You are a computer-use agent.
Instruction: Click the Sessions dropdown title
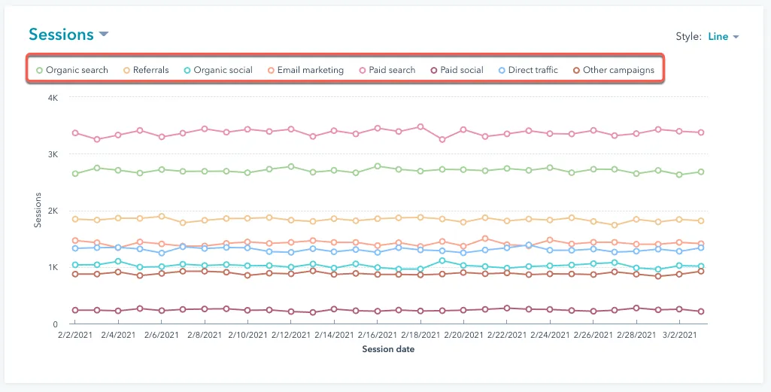(x=68, y=35)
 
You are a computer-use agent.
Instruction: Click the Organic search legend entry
(x=72, y=70)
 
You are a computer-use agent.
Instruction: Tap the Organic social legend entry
(x=218, y=70)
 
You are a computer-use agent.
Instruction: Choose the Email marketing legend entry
(x=305, y=70)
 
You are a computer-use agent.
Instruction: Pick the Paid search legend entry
(x=387, y=70)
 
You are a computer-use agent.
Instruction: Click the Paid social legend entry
(x=457, y=70)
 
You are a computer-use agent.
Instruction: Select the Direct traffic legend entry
(x=528, y=70)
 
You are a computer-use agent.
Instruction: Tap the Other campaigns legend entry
(x=614, y=70)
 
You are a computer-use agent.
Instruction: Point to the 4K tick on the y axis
(x=53, y=97)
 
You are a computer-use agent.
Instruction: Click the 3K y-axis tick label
(x=53, y=154)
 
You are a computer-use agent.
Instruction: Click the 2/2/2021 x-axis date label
(x=74, y=335)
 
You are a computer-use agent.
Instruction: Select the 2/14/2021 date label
(x=335, y=335)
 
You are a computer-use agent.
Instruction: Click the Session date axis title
(x=388, y=349)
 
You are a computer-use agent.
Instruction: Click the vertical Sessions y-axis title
(x=38, y=211)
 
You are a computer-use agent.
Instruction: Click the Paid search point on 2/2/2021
(x=75, y=132)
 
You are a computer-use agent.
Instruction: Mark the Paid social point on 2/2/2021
(x=75, y=310)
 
